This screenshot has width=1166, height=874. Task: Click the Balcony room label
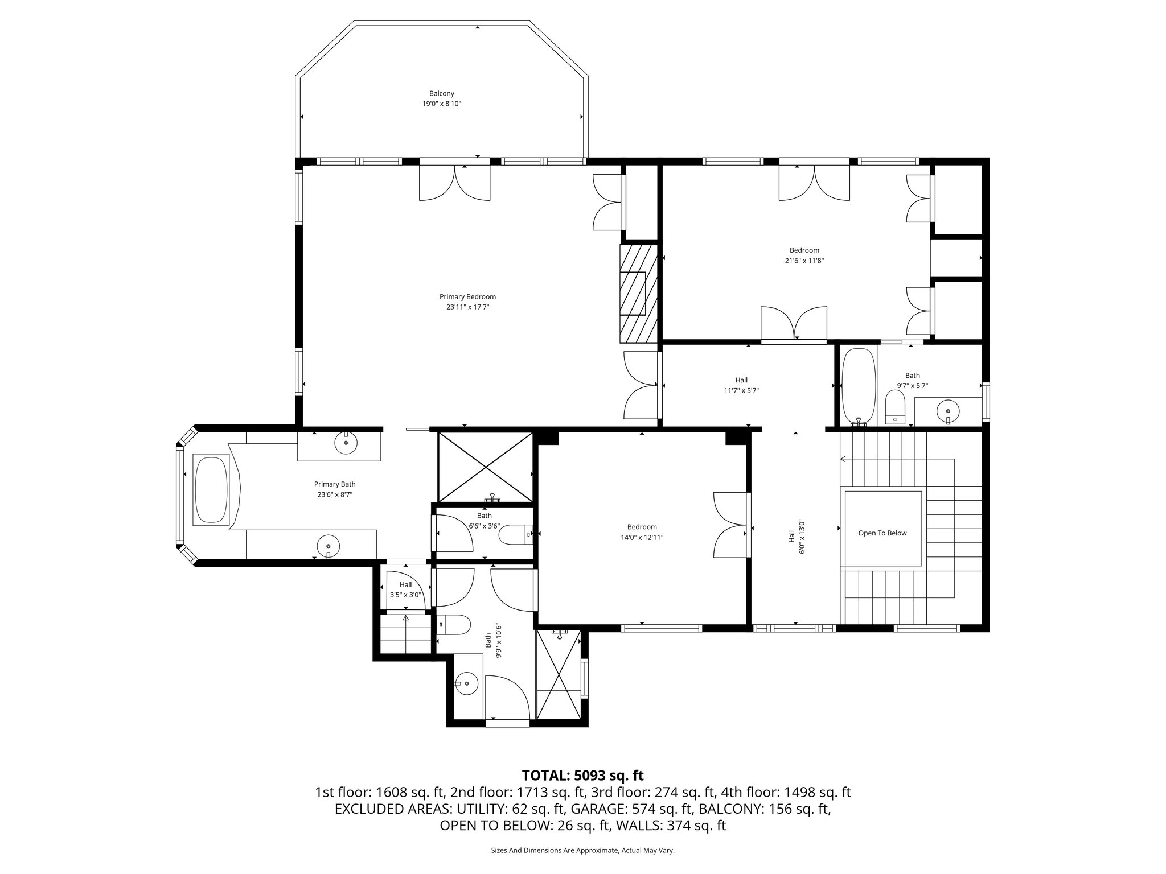[x=441, y=93]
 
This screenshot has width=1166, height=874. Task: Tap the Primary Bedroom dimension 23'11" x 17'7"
[x=467, y=307]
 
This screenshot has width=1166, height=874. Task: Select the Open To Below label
[x=882, y=533]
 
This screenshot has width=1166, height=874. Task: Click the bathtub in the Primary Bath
[x=211, y=489]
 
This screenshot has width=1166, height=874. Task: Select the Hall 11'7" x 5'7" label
[x=741, y=380]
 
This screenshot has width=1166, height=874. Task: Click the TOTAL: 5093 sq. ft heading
[x=582, y=775]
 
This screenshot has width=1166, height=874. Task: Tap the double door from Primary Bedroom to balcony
[x=454, y=182]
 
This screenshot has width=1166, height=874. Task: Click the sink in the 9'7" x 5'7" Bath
[x=947, y=411]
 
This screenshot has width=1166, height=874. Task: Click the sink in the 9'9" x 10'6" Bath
[x=467, y=683]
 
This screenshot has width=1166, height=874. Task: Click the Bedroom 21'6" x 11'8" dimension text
[x=804, y=261]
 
